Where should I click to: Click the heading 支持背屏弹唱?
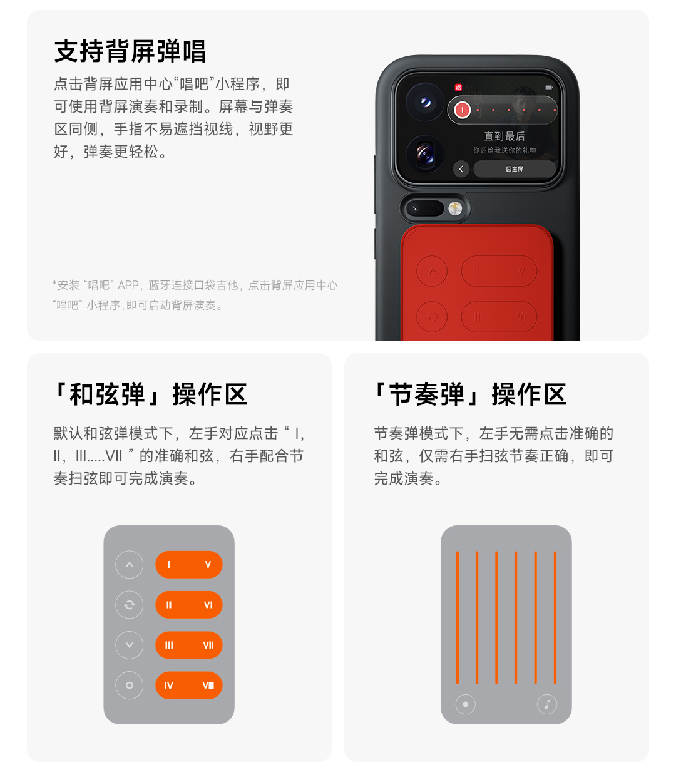point(130,51)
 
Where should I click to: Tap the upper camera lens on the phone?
point(425,102)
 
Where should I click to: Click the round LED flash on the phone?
point(454,208)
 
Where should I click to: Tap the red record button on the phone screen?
point(462,110)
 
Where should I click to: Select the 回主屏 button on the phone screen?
point(515,168)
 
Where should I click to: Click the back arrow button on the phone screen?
point(461,168)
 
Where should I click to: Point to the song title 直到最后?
point(504,136)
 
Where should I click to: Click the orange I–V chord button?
point(188,565)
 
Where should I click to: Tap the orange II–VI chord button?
point(188,605)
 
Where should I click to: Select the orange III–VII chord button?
point(188,645)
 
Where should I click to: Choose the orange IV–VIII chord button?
point(188,685)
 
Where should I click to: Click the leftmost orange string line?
point(458,617)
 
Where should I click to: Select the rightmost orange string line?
point(555,617)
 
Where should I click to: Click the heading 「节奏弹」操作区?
point(470,394)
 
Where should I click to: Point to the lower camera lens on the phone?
point(425,154)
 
